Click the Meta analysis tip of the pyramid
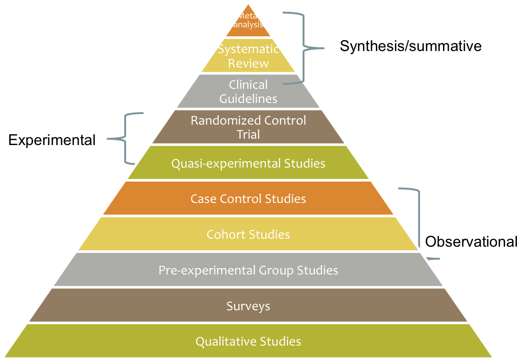[x=248, y=21]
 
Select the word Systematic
[x=248, y=49]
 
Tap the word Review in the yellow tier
[x=248, y=63]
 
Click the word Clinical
[x=248, y=85]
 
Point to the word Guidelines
[x=248, y=98]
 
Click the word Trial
[x=248, y=134]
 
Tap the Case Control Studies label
[x=248, y=199]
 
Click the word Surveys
[x=248, y=306]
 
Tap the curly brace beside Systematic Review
[x=304, y=48]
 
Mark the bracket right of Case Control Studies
[x=419, y=221]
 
